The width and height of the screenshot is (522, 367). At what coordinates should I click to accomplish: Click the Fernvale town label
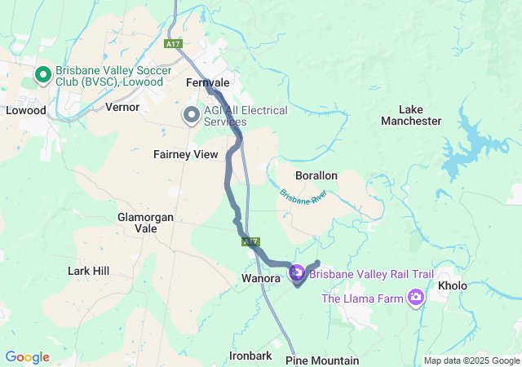[x=207, y=83]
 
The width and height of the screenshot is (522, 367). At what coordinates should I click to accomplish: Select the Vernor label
[x=122, y=107]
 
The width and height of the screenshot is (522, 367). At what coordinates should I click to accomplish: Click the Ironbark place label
[x=250, y=356]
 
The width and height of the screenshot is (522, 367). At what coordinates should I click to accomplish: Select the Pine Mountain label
[x=322, y=360]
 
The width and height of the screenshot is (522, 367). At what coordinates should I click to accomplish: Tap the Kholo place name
[x=453, y=286]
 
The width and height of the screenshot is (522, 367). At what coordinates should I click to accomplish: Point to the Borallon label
[x=316, y=175]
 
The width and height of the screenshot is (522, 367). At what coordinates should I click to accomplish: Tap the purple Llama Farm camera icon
[x=417, y=298]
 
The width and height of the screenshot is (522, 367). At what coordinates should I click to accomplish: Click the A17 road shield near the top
[x=172, y=43]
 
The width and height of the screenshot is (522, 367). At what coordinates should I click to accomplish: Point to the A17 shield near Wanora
[x=250, y=242]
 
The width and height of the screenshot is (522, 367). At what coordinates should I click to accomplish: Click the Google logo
[x=28, y=357]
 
